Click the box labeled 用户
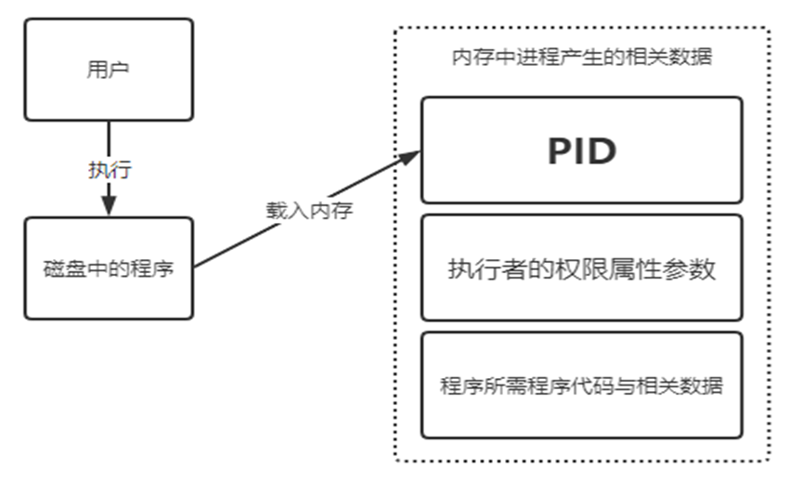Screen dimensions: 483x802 click(x=109, y=70)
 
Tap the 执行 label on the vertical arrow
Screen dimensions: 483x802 click(x=110, y=170)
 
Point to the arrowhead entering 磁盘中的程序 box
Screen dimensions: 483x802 click(x=110, y=206)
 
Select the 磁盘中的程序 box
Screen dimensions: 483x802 click(x=109, y=268)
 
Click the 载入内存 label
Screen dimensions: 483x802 click(x=306, y=209)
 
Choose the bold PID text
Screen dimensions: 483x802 click(x=582, y=150)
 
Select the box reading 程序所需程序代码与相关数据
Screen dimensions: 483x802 click(x=582, y=385)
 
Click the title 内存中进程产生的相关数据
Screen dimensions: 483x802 click(x=582, y=58)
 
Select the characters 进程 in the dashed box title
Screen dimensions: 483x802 click(x=546, y=58)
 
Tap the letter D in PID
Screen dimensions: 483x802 click(x=603, y=150)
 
